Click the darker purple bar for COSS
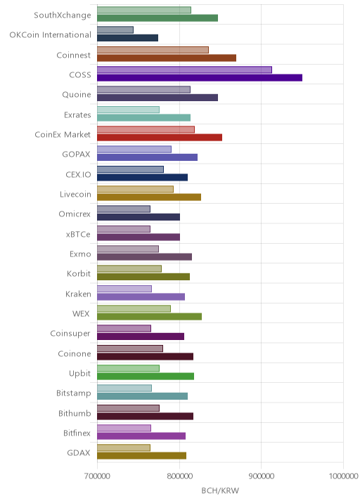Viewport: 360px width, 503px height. pos(200,78)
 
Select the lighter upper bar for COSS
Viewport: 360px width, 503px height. pos(184,70)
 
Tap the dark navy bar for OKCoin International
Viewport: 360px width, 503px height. pos(127,38)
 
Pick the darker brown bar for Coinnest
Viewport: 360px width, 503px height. pos(167,58)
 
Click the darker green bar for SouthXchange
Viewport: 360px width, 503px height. pos(157,18)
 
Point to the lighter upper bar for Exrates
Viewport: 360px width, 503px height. pos(128,110)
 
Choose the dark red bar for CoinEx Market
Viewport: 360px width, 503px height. pos(160,137)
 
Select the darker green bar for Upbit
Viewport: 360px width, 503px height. pos(146,377)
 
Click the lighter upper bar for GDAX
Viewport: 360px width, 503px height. pos(124,448)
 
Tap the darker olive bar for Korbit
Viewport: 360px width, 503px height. pos(143,277)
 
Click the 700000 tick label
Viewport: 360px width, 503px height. pos(97,476)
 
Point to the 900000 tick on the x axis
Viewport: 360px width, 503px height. pos(261,476)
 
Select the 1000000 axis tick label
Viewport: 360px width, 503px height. pos(343,476)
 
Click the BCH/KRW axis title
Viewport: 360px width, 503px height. pos(220,490)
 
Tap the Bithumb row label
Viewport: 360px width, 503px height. pos(75,413)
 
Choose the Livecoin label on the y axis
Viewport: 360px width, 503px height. pos(75,194)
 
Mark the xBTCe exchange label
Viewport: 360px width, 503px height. pos(78,234)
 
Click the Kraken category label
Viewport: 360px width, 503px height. pos(78,294)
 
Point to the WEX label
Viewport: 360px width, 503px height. pos(81,313)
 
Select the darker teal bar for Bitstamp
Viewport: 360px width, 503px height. pos(142,396)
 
